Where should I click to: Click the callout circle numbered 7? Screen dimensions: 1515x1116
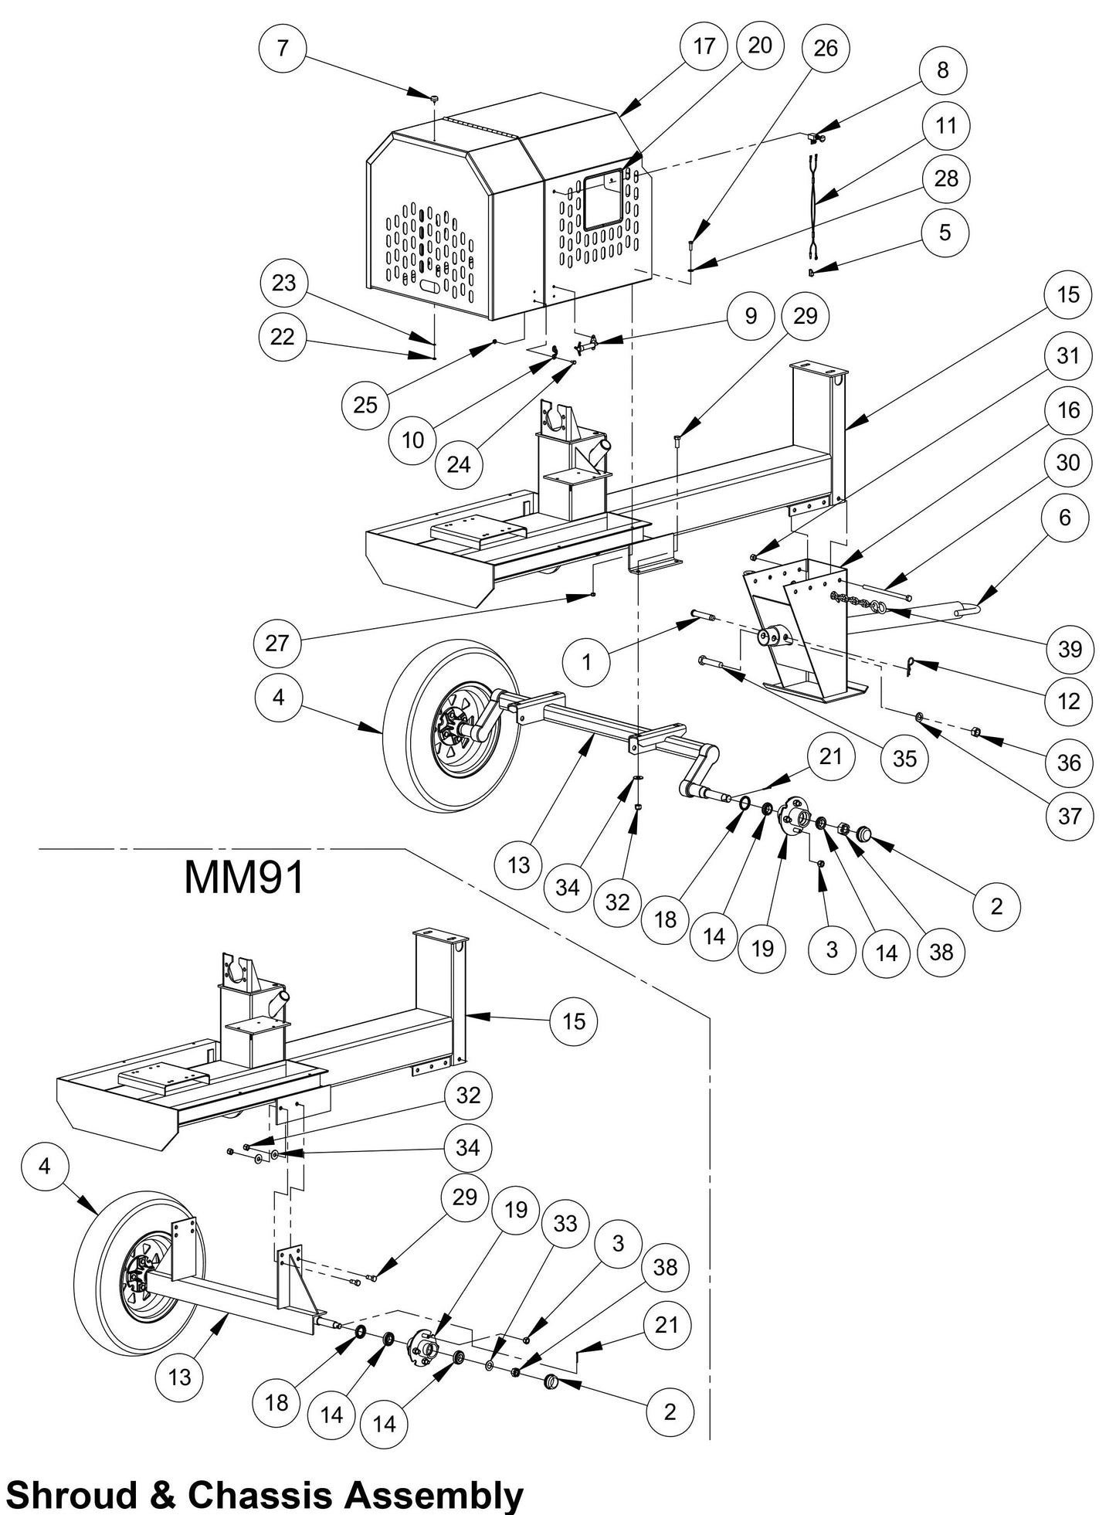(283, 48)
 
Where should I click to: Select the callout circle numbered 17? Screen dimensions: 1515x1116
(704, 46)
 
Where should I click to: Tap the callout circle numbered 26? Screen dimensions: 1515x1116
(826, 48)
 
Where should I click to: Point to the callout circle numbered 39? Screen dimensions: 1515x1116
(1070, 649)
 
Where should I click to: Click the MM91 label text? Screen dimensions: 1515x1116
(244, 878)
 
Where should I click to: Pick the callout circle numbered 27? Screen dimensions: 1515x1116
(276, 643)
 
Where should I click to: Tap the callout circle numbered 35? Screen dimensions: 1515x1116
(904, 758)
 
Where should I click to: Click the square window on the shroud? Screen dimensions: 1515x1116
(603, 201)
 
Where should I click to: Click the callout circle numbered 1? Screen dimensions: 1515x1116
(586, 661)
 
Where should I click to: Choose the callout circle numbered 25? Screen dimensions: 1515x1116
(365, 403)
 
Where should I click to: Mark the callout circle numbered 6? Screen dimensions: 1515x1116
(1065, 517)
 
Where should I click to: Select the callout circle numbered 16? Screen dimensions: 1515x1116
(1068, 409)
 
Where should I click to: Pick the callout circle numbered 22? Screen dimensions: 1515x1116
(283, 337)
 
